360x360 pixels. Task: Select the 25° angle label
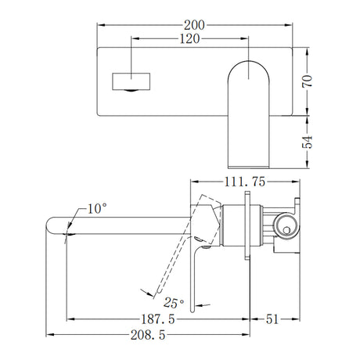tap(174, 301)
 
